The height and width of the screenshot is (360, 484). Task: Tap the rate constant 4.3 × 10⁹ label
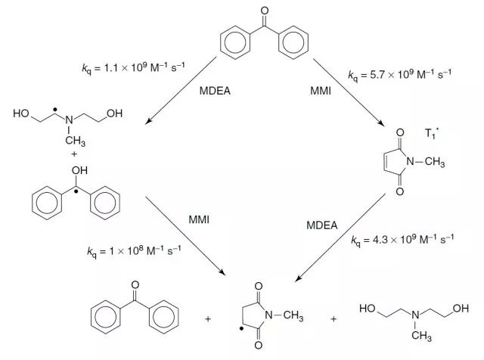[x=403, y=241]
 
